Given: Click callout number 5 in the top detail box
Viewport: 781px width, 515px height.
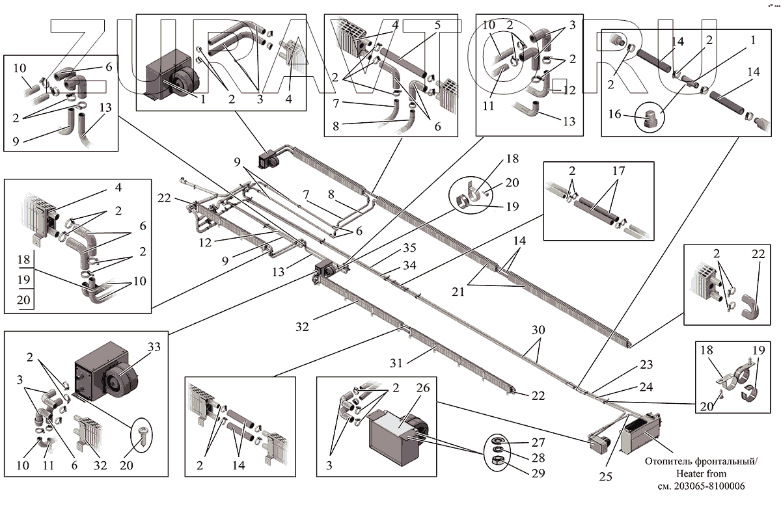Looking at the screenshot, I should (437, 25).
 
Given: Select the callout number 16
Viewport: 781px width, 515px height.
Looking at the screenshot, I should (614, 115).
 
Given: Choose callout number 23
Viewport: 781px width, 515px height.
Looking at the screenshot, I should (646, 365).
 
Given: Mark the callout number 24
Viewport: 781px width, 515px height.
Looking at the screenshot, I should (646, 387).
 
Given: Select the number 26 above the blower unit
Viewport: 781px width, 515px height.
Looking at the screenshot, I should (423, 388).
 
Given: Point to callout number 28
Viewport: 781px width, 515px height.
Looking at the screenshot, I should (538, 458).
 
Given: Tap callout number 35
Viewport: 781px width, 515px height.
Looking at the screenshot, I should (409, 247).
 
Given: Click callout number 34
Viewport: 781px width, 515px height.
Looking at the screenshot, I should (409, 265).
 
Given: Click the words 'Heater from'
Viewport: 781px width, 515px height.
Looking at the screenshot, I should (700, 473).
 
